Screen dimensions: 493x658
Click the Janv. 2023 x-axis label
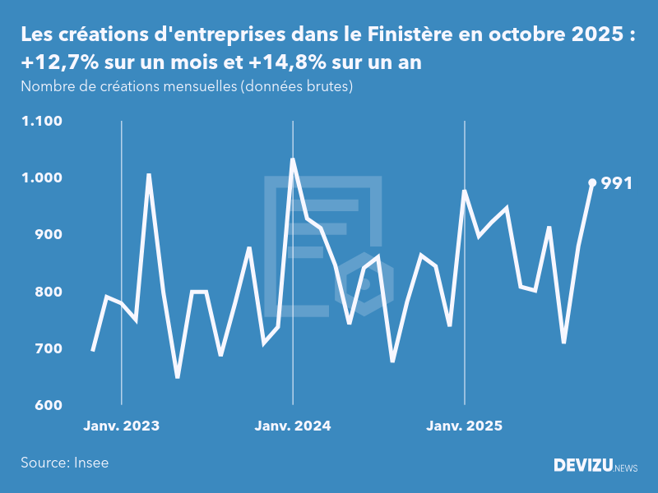122,426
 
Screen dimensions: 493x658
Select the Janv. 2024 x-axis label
293,426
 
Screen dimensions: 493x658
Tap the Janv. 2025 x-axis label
465,426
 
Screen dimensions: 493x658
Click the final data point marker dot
592,182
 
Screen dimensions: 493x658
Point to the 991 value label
617,183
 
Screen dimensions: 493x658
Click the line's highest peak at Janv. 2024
293,159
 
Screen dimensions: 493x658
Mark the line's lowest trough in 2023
178,377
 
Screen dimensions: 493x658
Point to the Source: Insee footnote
65,463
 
